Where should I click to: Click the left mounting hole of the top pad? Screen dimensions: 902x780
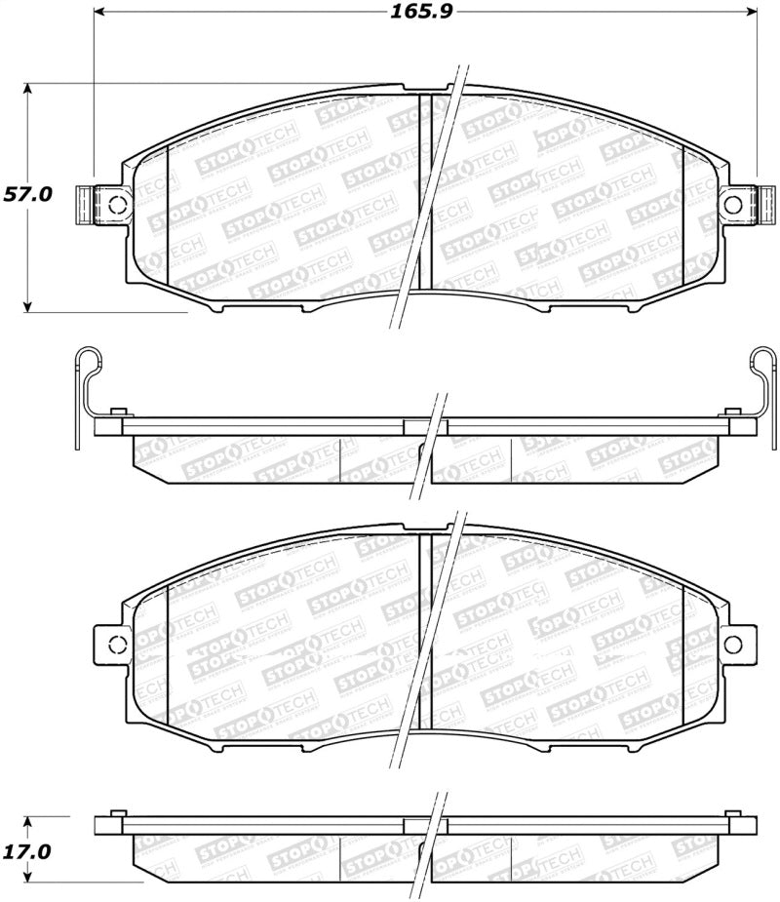point(116,204)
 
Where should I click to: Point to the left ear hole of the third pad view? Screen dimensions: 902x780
point(116,644)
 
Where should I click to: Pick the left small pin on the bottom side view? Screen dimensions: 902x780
point(117,813)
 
